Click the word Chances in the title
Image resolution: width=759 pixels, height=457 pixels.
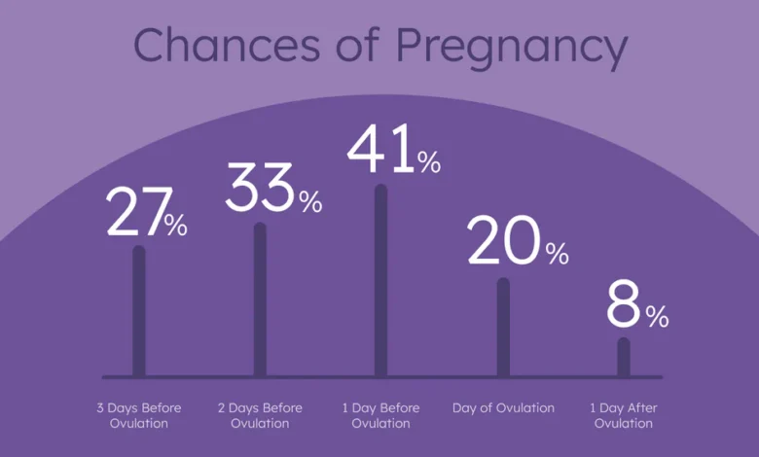point(227,45)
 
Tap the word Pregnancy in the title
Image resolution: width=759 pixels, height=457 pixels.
point(512,49)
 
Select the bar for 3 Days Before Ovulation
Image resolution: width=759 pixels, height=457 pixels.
point(139,311)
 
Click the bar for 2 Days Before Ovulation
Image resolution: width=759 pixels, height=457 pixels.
point(260,299)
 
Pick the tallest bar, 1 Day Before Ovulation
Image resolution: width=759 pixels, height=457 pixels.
point(380,280)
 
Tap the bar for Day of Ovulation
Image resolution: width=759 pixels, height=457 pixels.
point(503,328)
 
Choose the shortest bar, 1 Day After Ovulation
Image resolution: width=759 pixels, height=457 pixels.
point(624,358)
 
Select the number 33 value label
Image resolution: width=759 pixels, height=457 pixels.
point(260,187)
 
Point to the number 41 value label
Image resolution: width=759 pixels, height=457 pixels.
point(380,149)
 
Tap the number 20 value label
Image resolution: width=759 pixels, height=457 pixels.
point(503,240)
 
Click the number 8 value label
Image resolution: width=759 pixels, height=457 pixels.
point(624,303)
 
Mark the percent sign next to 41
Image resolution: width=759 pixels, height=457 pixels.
point(429,161)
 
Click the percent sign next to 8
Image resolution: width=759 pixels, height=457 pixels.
point(657,316)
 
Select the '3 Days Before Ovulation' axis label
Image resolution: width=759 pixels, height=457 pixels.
point(139,415)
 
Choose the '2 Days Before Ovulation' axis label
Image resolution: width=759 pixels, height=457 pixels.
point(260,415)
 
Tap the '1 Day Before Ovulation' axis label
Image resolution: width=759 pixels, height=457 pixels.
point(380,415)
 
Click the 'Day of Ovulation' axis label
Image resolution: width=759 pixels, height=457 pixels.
point(503,408)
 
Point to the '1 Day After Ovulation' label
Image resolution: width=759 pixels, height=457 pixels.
point(624,415)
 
